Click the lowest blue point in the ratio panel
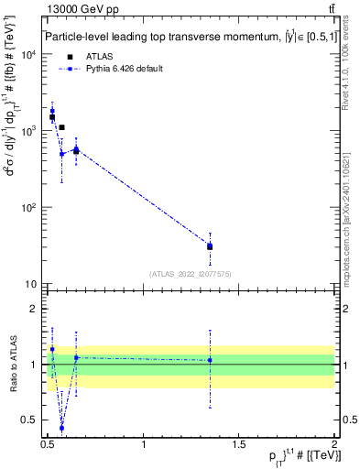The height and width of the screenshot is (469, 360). (61, 428)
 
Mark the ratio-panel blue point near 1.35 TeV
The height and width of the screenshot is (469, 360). (211, 360)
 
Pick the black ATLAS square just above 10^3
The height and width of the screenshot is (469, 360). (61, 127)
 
